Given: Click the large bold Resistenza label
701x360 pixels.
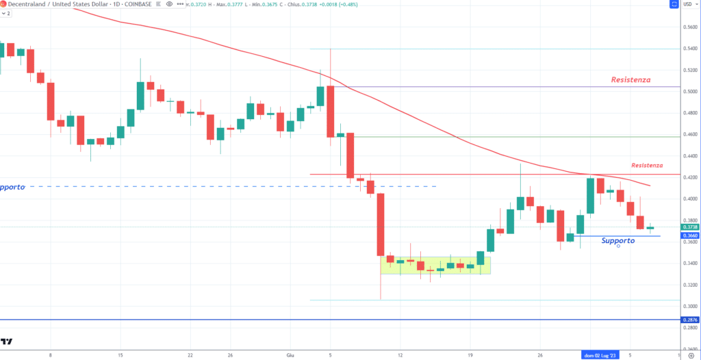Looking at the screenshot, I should pos(630,80).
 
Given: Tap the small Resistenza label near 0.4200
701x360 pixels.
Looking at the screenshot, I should pos(646,166).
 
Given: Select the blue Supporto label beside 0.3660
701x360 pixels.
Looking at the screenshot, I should pos(617,241).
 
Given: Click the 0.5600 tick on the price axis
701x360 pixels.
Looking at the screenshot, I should pos(691,27).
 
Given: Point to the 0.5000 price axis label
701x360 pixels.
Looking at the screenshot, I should pos(691,92).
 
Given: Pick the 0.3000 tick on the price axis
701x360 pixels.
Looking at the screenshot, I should pos(691,306).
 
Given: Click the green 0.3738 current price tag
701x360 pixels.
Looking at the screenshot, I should pos(690,227).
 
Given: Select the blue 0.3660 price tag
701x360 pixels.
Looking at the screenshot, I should pos(690,235).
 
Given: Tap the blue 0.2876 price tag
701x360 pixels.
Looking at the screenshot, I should pos(690,320).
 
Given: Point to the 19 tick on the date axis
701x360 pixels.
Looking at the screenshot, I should pos(471,355).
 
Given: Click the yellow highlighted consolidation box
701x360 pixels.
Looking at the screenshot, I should pos(435,265).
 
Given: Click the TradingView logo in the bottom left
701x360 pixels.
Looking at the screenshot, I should pos(8,340).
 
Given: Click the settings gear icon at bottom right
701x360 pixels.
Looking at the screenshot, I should pos(690,355).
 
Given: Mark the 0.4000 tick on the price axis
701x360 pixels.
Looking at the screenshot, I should pos(691,199).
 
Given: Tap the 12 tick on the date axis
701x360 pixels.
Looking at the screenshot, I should pos(400,355).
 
